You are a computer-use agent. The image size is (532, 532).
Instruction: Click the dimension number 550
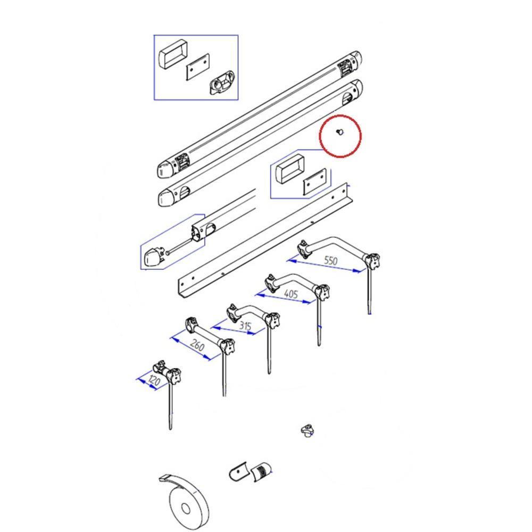[x=331, y=261]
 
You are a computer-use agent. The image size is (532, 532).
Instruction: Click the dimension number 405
[x=291, y=294]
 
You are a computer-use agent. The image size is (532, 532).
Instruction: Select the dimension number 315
[x=245, y=326]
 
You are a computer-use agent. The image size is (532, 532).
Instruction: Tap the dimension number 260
[x=197, y=345]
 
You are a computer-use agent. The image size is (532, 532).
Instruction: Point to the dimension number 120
[x=154, y=381]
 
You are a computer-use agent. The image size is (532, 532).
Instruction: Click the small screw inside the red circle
[x=339, y=132]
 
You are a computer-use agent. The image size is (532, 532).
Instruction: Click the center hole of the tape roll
[x=185, y=508]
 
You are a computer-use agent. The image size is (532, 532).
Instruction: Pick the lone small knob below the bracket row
[x=307, y=430]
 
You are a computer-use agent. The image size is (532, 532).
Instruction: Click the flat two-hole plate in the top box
[x=198, y=67]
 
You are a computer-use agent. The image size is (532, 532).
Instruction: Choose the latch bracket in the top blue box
[x=221, y=82]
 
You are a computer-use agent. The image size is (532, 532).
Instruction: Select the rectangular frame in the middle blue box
[x=290, y=169]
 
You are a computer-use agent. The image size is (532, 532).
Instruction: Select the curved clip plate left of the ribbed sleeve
[x=238, y=471]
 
